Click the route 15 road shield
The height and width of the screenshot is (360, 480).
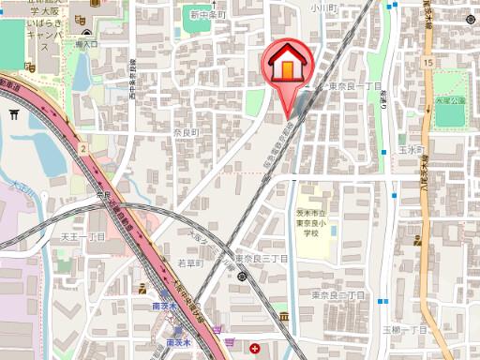click(427, 62)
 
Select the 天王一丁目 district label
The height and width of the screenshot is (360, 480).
click(82, 238)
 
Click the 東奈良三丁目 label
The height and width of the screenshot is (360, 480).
click(260, 257)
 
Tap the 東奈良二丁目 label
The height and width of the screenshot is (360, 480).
click(339, 295)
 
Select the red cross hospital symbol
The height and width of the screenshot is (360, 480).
click(256, 349)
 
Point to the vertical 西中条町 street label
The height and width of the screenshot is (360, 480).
click(133, 80)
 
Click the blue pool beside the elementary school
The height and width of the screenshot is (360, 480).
click(333, 230)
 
